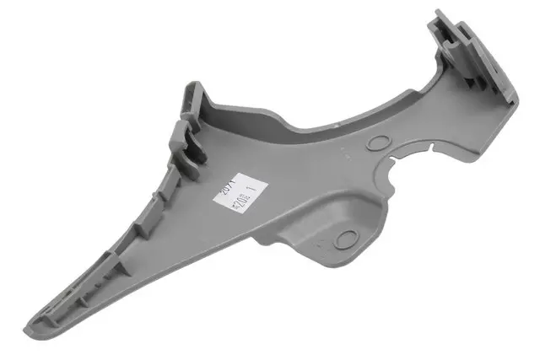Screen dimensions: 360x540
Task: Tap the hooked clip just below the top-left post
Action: coord(191,143)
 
